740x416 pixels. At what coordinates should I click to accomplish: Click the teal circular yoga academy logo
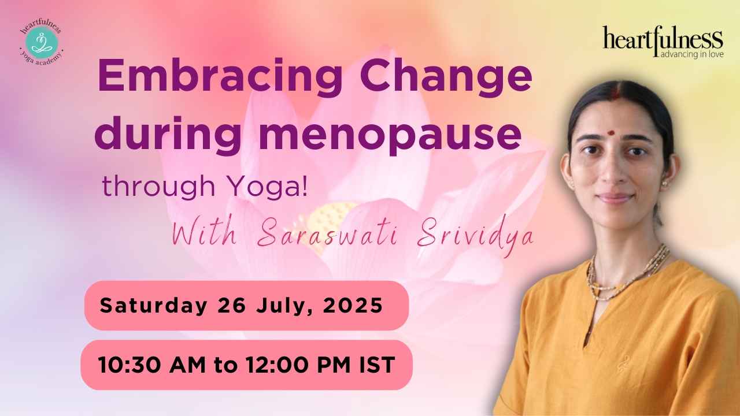click(40, 42)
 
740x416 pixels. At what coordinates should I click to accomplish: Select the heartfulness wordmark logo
click(663, 39)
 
